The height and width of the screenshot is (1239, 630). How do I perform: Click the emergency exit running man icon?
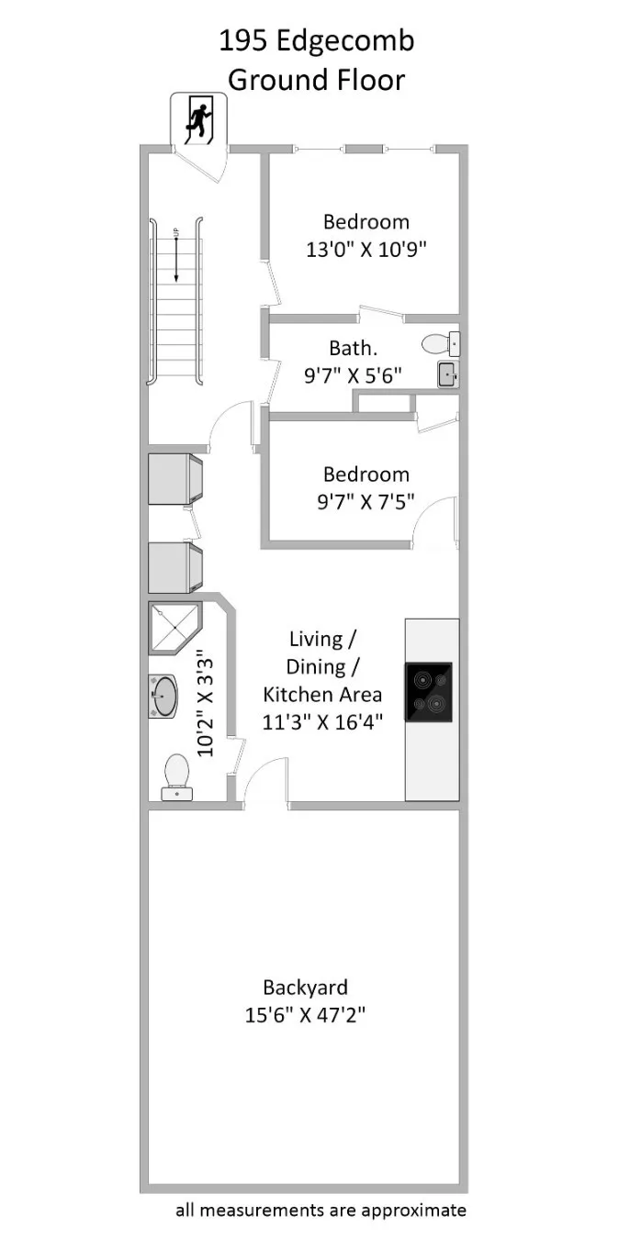coord(198,118)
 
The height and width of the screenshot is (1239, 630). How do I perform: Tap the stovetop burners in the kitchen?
coord(428,691)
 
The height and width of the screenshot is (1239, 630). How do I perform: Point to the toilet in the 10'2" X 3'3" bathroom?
coord(176,776)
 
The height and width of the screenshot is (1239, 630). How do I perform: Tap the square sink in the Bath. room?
coord(447,374)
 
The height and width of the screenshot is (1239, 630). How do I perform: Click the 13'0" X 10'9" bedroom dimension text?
coord(366,249)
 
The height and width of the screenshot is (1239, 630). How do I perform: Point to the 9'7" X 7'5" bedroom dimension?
coord(366,501)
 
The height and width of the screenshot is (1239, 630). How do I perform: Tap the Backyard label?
coord(305,988)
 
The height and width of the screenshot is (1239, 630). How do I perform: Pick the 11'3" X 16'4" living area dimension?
coord(321,721)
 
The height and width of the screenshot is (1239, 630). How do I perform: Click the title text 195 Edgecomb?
coord(316,41)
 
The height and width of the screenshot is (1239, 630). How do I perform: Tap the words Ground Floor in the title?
coord(316,80)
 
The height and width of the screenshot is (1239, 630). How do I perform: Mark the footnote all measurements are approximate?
coord(321,1210)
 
